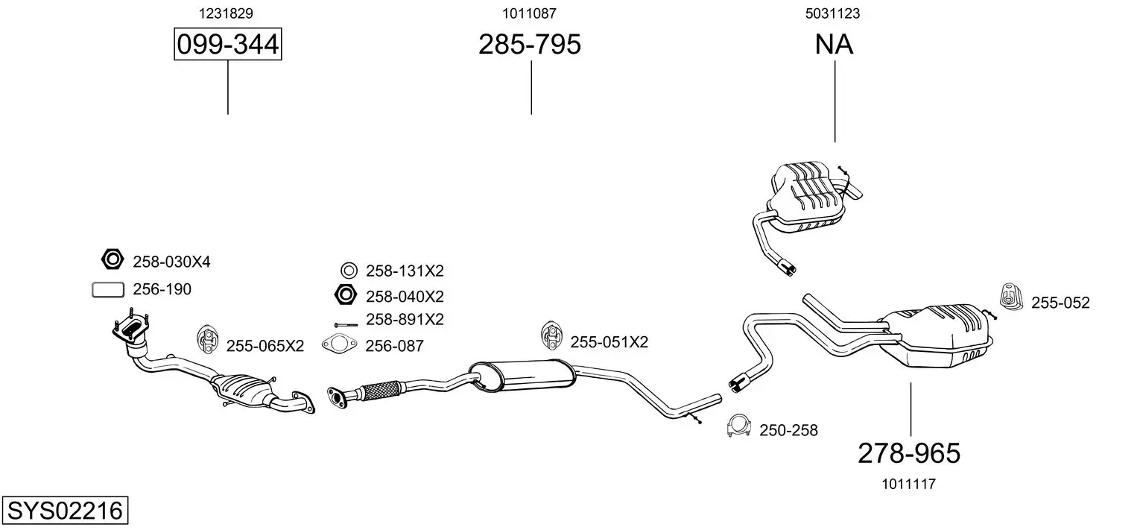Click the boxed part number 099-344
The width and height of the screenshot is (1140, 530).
coord(227,44)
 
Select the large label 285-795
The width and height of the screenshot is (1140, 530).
coord(529,44)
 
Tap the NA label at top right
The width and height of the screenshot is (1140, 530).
coord(834,44)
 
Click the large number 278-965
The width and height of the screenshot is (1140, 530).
coord(909,452)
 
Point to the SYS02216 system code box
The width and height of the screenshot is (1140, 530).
coord(65,510)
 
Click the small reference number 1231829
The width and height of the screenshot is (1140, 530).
coord(226,13)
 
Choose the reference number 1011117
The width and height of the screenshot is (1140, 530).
coord(908,484)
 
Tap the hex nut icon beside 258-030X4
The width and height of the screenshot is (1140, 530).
coord(113,259)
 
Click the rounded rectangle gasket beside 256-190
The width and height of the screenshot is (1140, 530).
coord(108,290)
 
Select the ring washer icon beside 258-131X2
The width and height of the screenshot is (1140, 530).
coord(349,270)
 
